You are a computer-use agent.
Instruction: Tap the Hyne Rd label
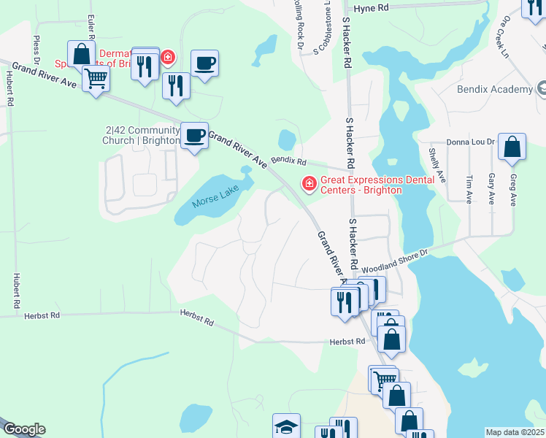coord(369,9)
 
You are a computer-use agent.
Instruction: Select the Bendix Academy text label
coord(495,89)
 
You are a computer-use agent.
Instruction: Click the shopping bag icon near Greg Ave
coord(512,147)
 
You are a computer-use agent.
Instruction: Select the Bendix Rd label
coord(288,159)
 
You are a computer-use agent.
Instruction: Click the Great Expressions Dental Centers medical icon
coord(309,183)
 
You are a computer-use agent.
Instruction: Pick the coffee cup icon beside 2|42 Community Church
coord(194,136)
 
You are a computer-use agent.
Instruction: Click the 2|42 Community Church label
coord(143,136)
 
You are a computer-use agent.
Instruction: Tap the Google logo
coord(23,429)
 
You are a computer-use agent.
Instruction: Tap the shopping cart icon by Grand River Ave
coord(96,79)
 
